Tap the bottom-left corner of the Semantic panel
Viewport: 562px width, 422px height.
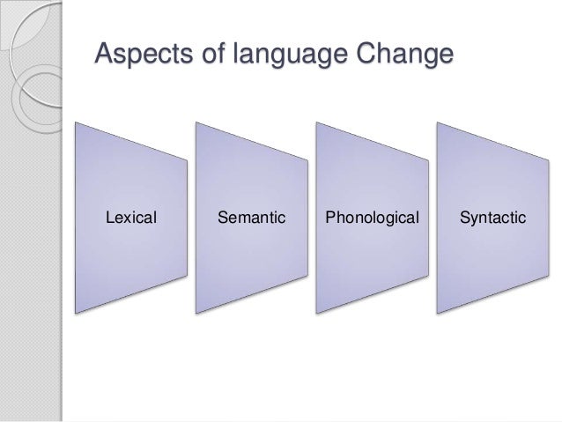tap(196, 313)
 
